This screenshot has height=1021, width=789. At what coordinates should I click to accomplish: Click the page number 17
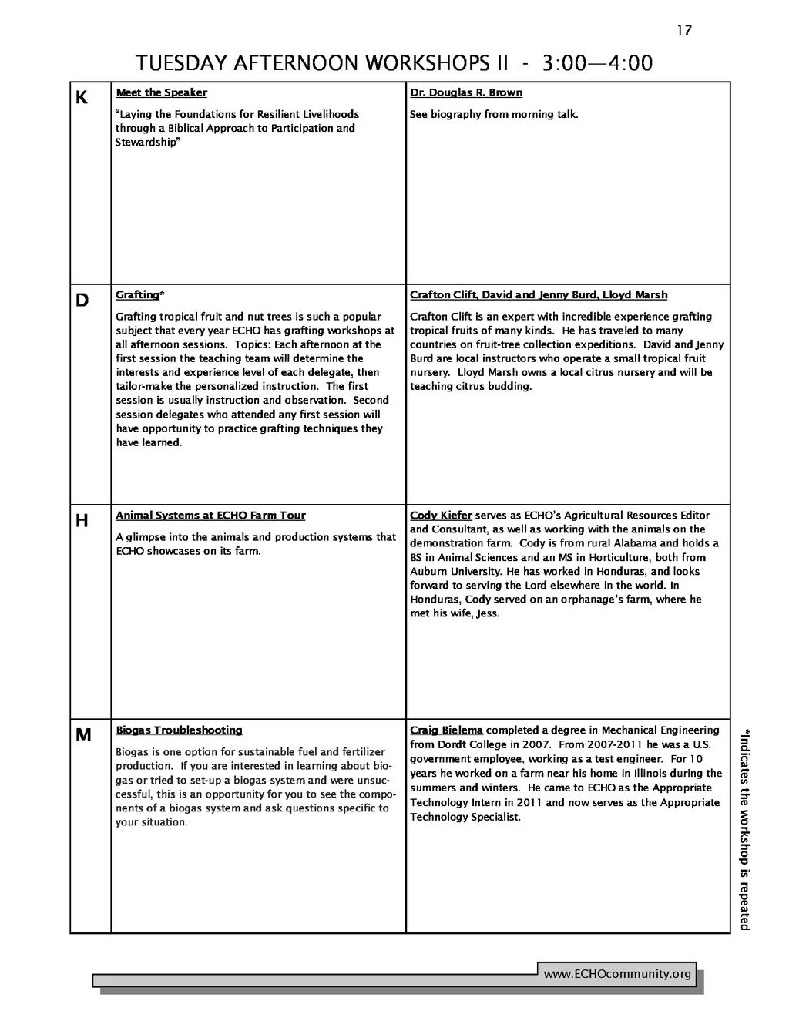coord(684,31)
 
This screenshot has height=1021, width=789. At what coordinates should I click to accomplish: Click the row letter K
coord(82,98)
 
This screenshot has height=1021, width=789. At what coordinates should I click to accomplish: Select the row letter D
coord(82,300)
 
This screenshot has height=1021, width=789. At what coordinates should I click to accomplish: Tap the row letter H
coord(82,521)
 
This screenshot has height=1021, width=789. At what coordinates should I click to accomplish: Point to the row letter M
coord(82,735)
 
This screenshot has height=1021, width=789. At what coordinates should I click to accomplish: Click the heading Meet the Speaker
coord(161,92)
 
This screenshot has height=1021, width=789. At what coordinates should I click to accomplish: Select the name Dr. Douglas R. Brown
coord(466,92)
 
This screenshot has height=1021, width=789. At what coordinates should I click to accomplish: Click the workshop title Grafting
coord(137,295)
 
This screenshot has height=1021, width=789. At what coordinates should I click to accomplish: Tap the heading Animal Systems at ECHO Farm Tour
coord(210,516)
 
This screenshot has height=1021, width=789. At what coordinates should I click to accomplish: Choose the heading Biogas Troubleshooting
coord(179,730)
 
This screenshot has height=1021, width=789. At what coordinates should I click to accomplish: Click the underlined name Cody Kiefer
coord(441,516)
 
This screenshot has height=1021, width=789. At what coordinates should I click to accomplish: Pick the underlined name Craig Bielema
coord(446,730)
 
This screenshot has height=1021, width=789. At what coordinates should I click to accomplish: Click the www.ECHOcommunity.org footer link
coord(617,975)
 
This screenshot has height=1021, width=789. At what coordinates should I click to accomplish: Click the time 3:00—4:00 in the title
coord(597,62)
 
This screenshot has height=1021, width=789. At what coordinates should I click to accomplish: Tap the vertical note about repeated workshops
coord(744,828)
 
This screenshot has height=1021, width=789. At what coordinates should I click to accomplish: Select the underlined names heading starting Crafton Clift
coord(539,295)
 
